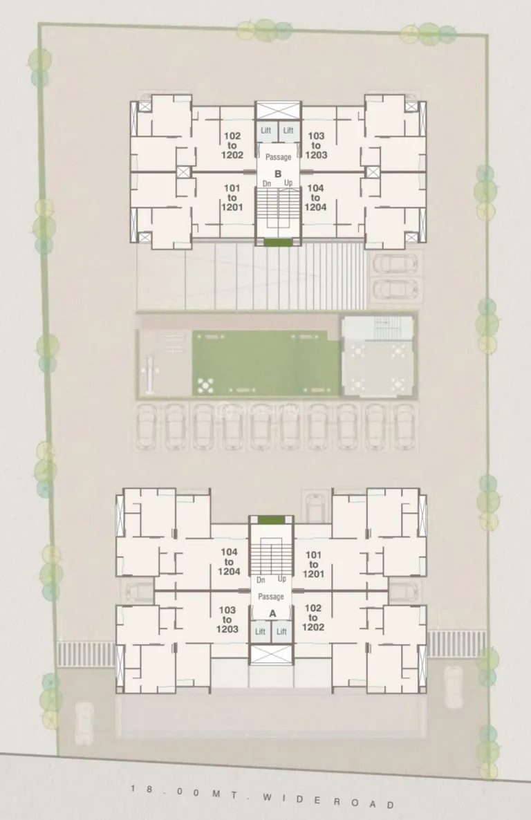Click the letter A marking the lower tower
(x=272, y=613)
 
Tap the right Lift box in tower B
(x=288, y=131)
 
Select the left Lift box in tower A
(x=261, y=631)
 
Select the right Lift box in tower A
(x=282, y=631)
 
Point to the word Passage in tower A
(x=271, y=597)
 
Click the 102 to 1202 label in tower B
(x=232, y=146)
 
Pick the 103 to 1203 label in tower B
(x=317, y=146)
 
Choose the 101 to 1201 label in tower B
(x=231, y=197)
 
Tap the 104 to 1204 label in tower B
(x=316, y=197)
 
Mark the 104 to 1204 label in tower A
(x=229, y=561)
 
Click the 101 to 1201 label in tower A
(x=313, y=564)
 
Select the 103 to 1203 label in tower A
(x=227, y=619)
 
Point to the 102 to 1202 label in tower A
(x=313, y=617)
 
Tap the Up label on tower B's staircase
(x=288, y=183)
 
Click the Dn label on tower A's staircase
(x=261, y=579)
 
